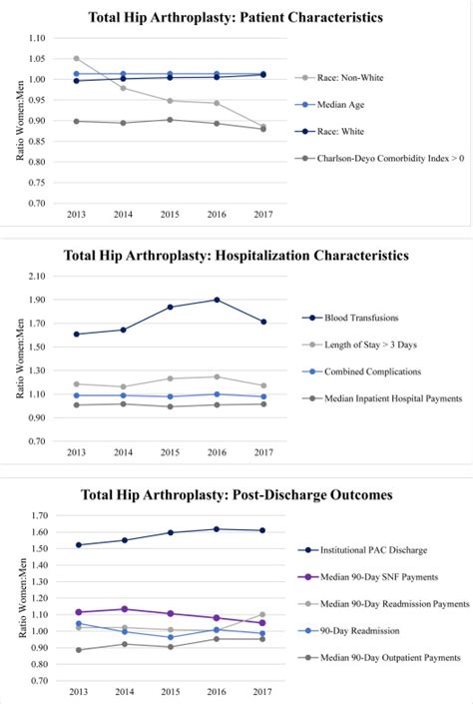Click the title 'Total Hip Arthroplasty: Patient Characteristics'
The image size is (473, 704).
236,17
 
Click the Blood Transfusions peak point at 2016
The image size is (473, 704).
217,300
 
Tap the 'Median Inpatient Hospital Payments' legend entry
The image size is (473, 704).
393,398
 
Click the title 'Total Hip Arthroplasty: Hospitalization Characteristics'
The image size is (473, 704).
236,255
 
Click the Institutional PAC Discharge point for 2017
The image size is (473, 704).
262,530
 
